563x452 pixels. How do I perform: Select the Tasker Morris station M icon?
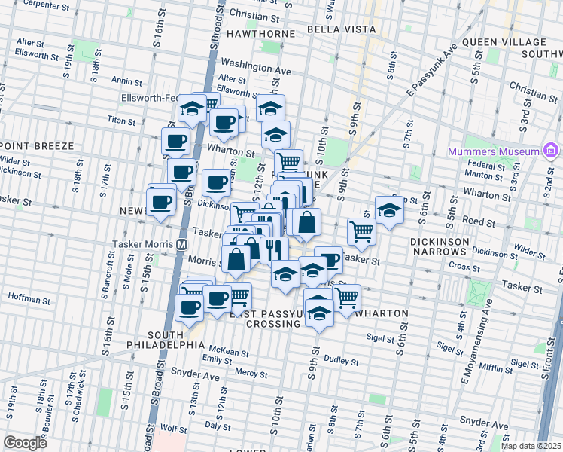(x=181, y=245)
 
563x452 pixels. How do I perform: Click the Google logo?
(x=25, y=443)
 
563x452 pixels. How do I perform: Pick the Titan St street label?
(x=120, y=121)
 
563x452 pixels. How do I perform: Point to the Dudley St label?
(x=342, y=361)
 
